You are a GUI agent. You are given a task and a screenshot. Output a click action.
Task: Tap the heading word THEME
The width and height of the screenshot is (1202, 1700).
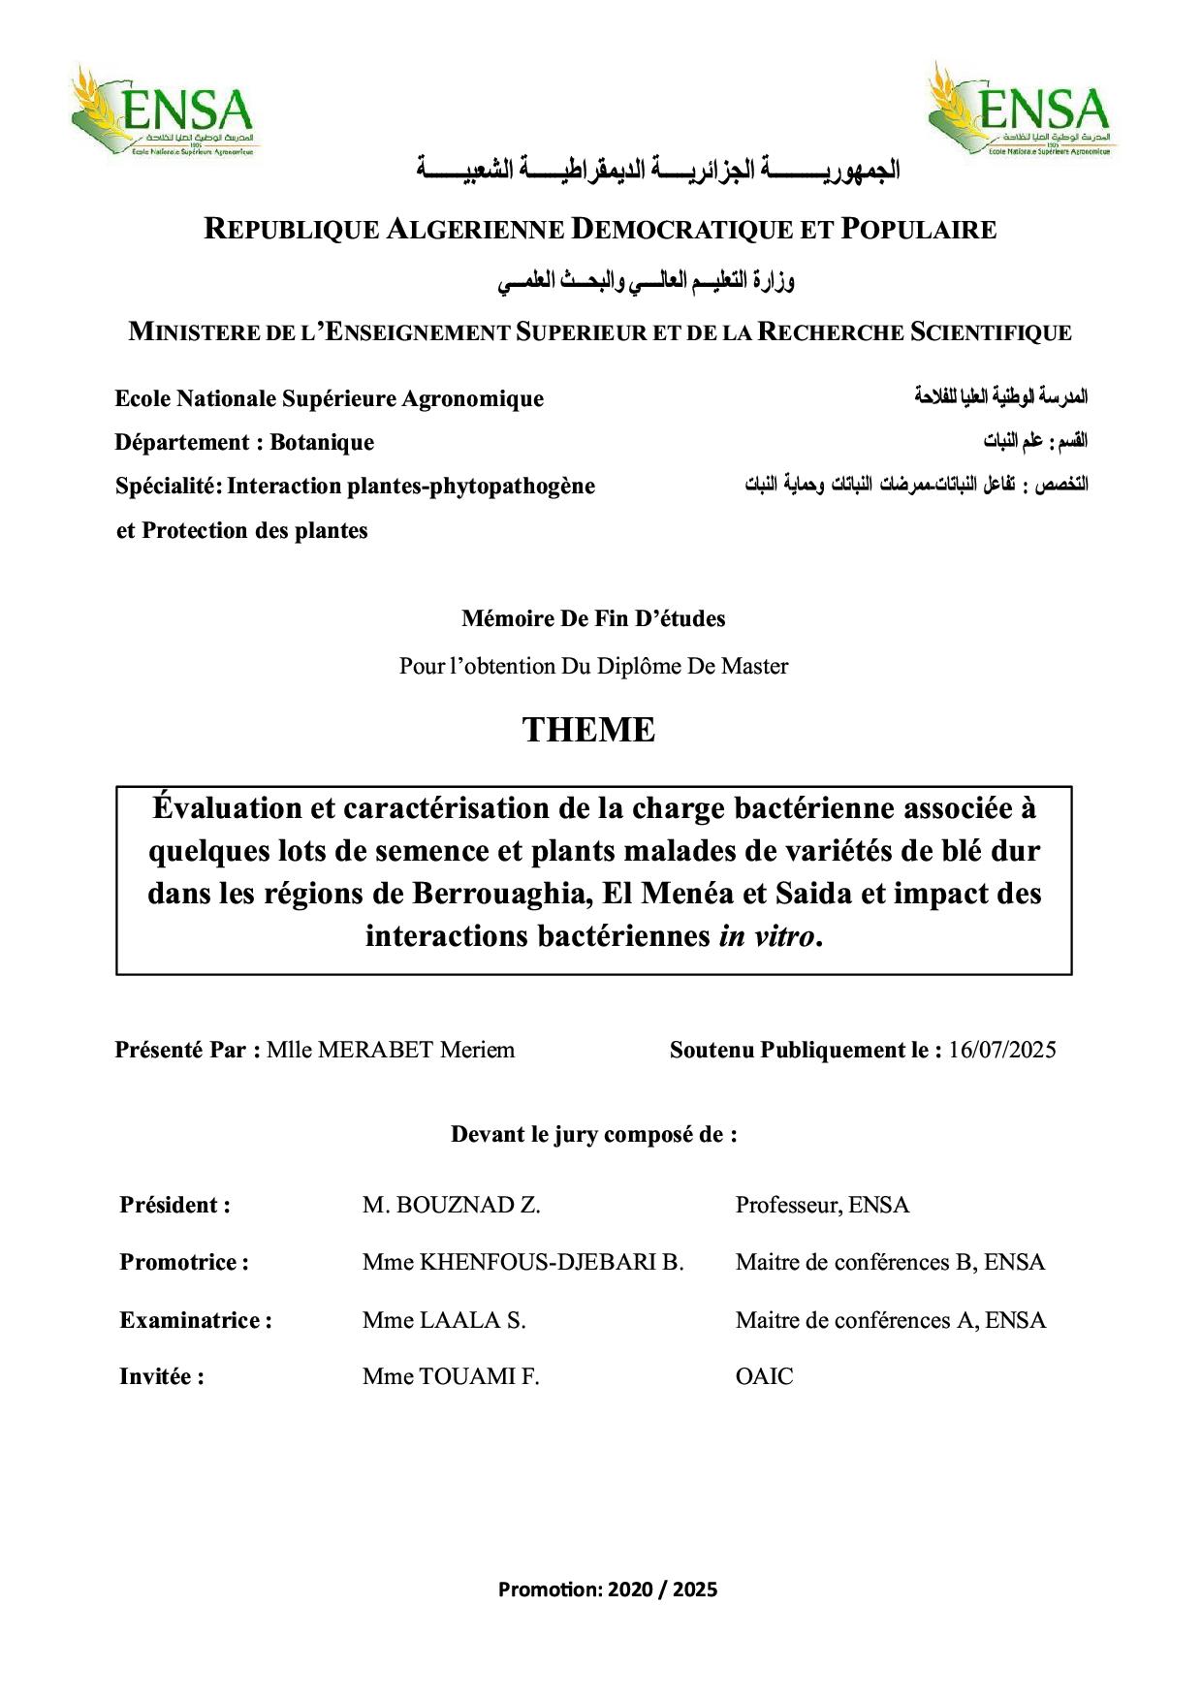click(x=588, y=730)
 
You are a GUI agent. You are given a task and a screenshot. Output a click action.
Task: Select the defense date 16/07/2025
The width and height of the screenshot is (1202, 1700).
click(x=1002, y=1050)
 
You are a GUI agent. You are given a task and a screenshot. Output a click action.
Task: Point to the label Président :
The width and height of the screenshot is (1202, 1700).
click(x=174, y=1205)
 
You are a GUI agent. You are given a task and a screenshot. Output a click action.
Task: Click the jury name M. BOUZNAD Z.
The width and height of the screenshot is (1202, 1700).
click(x=451, y=1205)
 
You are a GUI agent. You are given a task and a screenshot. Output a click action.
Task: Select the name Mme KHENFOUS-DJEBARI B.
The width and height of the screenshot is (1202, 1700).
click(x=522, y=1262)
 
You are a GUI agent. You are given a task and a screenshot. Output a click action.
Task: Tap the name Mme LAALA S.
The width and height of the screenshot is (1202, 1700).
click(x=443, y=1320)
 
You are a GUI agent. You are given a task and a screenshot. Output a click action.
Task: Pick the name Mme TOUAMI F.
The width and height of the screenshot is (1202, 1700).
click(x=450, y=1376)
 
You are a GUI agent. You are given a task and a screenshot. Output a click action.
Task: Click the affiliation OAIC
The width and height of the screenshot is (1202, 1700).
click(x=764, y=1376)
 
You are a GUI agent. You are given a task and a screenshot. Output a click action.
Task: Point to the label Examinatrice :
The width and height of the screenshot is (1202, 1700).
click(x=195, y=1320)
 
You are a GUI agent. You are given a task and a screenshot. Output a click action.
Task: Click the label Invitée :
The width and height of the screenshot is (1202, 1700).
click(x=161, y=1376)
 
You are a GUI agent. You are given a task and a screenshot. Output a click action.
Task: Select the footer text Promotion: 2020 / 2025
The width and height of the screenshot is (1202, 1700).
click(x=608, y=1589)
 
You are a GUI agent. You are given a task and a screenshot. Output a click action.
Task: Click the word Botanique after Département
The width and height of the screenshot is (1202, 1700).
click(x=322, y=442)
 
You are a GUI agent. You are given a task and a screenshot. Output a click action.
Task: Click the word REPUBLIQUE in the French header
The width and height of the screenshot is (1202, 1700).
click(x=291, y=230)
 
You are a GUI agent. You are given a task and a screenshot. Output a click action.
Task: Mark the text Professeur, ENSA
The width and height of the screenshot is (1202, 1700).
click(x=822, y=1205)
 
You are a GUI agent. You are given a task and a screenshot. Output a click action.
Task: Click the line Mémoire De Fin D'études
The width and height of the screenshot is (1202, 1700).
click(x=593, y=618)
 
